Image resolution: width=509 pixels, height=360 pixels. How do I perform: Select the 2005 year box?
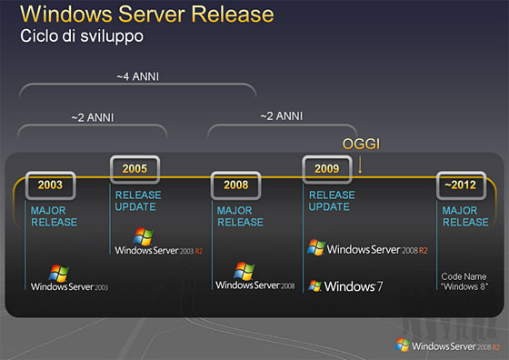coord(135,168)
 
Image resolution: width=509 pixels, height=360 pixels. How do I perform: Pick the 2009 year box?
coord(326,168)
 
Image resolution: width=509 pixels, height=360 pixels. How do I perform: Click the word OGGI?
coord(361,145)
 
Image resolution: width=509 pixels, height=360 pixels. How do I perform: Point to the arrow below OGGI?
coord(361,165)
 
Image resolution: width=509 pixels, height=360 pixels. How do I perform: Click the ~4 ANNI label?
coord(138,76)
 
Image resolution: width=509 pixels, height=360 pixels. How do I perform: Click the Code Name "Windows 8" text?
coord(465,281)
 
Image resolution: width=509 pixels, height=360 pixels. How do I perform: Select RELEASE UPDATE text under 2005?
coord(137,201)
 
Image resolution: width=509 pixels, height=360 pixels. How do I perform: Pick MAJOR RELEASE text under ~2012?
coord(465,216)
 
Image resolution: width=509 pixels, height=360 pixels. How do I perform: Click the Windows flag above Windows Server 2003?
coord(60,271)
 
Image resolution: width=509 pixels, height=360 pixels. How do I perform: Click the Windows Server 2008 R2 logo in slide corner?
coord(446,345)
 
